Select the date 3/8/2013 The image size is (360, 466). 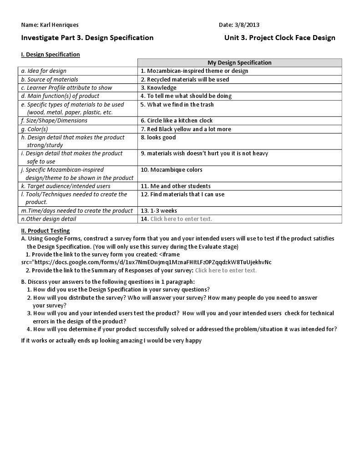click(x=247, y=25)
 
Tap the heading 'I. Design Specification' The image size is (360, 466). click(x=51, y=55)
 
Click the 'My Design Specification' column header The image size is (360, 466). click(x=239, y=63)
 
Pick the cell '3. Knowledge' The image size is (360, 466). click(x=158, y=88)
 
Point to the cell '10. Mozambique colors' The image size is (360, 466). click(x=172, y=170)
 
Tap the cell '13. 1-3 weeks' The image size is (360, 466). click(x=159, y=211)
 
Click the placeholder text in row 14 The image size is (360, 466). click(x=181, y=219)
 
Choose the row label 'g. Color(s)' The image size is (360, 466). click(x=37, y=129)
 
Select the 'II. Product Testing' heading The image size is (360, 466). click(x=46, y=231)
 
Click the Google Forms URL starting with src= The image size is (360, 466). click(x=147, y=262)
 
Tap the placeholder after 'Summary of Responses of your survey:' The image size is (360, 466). click(x=226, y=271)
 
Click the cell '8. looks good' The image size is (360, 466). click(x=158, y=138)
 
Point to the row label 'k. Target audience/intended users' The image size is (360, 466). click(x=66, y=186)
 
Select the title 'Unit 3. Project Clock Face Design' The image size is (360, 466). click(x=279, y=38)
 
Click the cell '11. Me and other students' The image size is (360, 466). click(x=176, y=186)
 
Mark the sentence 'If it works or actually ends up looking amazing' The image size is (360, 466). click(x=111, y=341)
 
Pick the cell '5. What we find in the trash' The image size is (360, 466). click(x=177, y=105)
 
